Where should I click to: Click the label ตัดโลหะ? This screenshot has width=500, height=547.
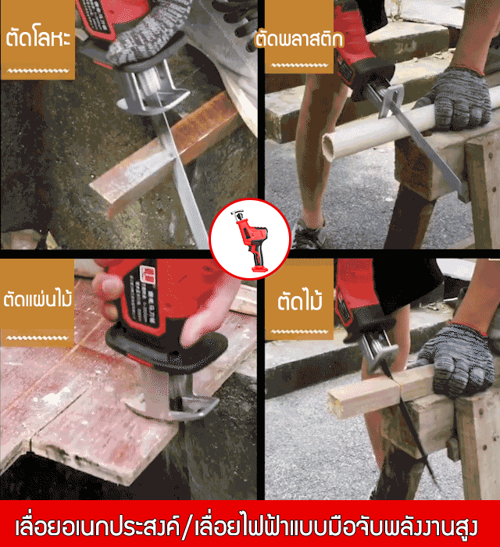[38, 38]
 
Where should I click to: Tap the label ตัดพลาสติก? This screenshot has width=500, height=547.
[299, 38]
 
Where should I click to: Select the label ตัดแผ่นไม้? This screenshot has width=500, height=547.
[37, 299]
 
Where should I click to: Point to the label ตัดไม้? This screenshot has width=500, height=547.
[299, 300]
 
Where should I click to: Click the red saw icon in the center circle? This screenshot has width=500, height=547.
[250, 240]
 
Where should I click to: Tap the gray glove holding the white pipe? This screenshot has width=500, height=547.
[455, 99]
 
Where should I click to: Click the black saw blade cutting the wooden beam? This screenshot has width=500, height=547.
[408, 419]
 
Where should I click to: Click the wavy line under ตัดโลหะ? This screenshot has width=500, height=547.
[37, 71]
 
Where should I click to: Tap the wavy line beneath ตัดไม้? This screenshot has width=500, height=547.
[299, 331]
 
